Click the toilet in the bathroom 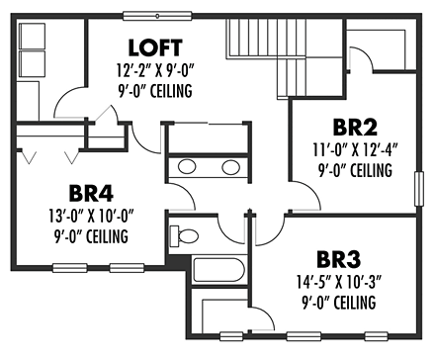point(183,235)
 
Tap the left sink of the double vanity point(186,166)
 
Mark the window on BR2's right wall point(416,189)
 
